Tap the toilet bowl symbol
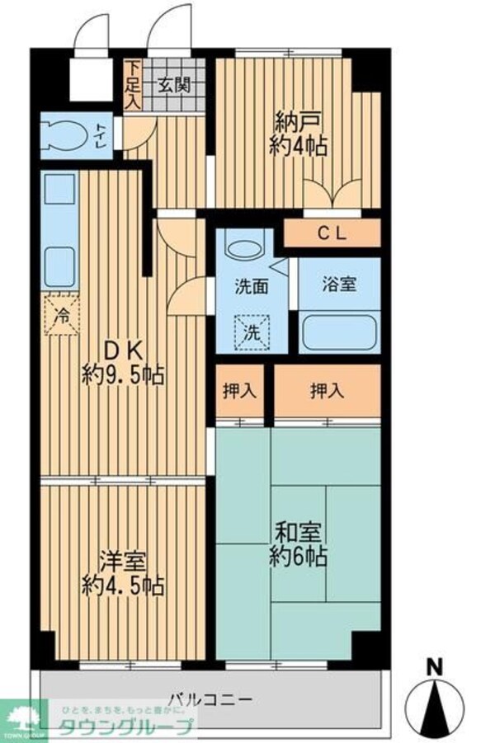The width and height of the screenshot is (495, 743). pos(65,135)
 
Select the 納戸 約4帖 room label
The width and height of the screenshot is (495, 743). pos(298,136)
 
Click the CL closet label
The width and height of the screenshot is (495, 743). pos(332,234)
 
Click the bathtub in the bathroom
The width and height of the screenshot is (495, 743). pos(339,334)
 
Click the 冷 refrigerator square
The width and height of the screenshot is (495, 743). pos(62,313)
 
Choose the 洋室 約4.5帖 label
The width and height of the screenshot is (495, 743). pos(123,574)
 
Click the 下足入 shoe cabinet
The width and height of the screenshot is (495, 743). pos(133,83)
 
